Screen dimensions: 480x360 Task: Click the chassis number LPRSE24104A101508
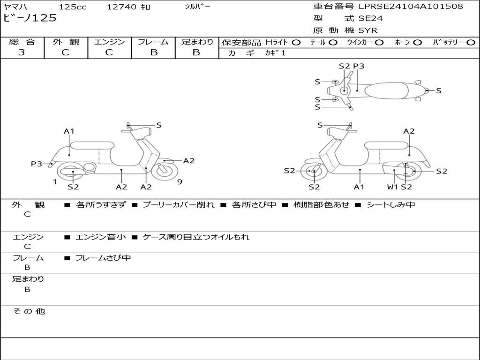411,7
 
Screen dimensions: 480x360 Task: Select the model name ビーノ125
30,18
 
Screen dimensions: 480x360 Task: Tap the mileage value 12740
121,7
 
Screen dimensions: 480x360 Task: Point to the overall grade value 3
22,52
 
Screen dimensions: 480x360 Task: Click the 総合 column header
22,42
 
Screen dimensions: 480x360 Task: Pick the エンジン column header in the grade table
109,42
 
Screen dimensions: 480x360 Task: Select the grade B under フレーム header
153,52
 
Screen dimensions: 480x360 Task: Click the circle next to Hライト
296,42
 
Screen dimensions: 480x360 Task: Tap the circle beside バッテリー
471,42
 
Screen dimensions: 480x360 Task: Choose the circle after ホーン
417,42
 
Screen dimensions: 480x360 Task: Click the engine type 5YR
367,30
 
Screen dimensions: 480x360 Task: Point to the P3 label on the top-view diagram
359,66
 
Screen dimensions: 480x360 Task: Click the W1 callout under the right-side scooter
392,187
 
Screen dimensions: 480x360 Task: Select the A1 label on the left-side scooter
69,131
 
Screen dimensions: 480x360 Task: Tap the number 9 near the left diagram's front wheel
180,182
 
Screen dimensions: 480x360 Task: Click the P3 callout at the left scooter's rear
37,164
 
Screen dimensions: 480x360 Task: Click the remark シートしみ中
391,205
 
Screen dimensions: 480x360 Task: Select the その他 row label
29,311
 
